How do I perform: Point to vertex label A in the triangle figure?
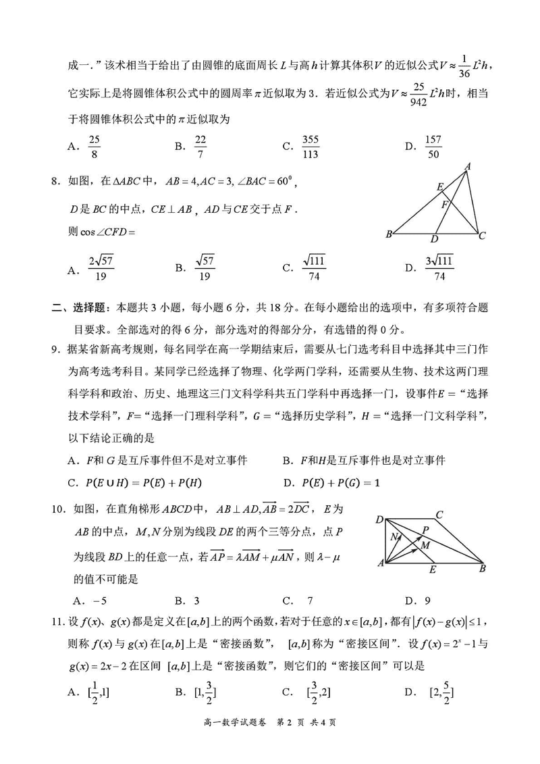click(467, 166)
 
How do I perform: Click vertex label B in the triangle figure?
click(389, 235)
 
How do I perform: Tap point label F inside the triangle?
click(444, 203)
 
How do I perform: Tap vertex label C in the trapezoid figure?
click(439, 515)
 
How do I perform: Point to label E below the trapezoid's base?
click(433, 569)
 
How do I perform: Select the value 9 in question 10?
click(427, 600)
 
